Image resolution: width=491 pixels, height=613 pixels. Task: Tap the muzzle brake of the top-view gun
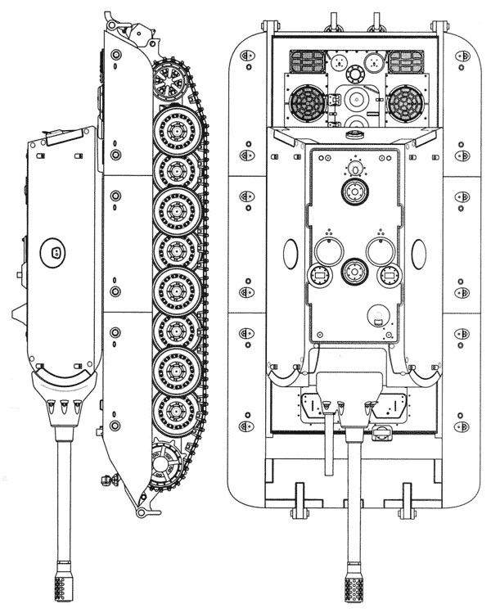tap(354, 581)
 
